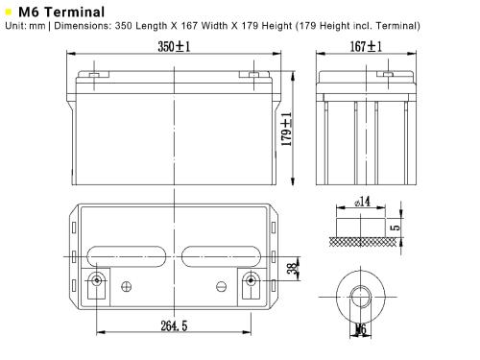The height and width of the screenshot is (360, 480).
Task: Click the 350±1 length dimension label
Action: pos(174,47)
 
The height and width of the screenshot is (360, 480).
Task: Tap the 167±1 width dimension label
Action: pos(366,47)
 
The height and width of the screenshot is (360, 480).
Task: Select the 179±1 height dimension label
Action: pos(287,129)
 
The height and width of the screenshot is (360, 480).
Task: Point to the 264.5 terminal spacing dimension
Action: pos(174,325)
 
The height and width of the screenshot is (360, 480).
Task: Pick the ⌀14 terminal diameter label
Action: pos(362,202)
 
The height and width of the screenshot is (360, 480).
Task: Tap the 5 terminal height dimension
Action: pos(396,227)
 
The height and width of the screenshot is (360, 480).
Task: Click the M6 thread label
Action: pos(361,329)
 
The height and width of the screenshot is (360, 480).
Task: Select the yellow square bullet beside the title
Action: pos(9,12)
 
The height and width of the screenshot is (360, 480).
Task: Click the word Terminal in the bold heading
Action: pos(75,12)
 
